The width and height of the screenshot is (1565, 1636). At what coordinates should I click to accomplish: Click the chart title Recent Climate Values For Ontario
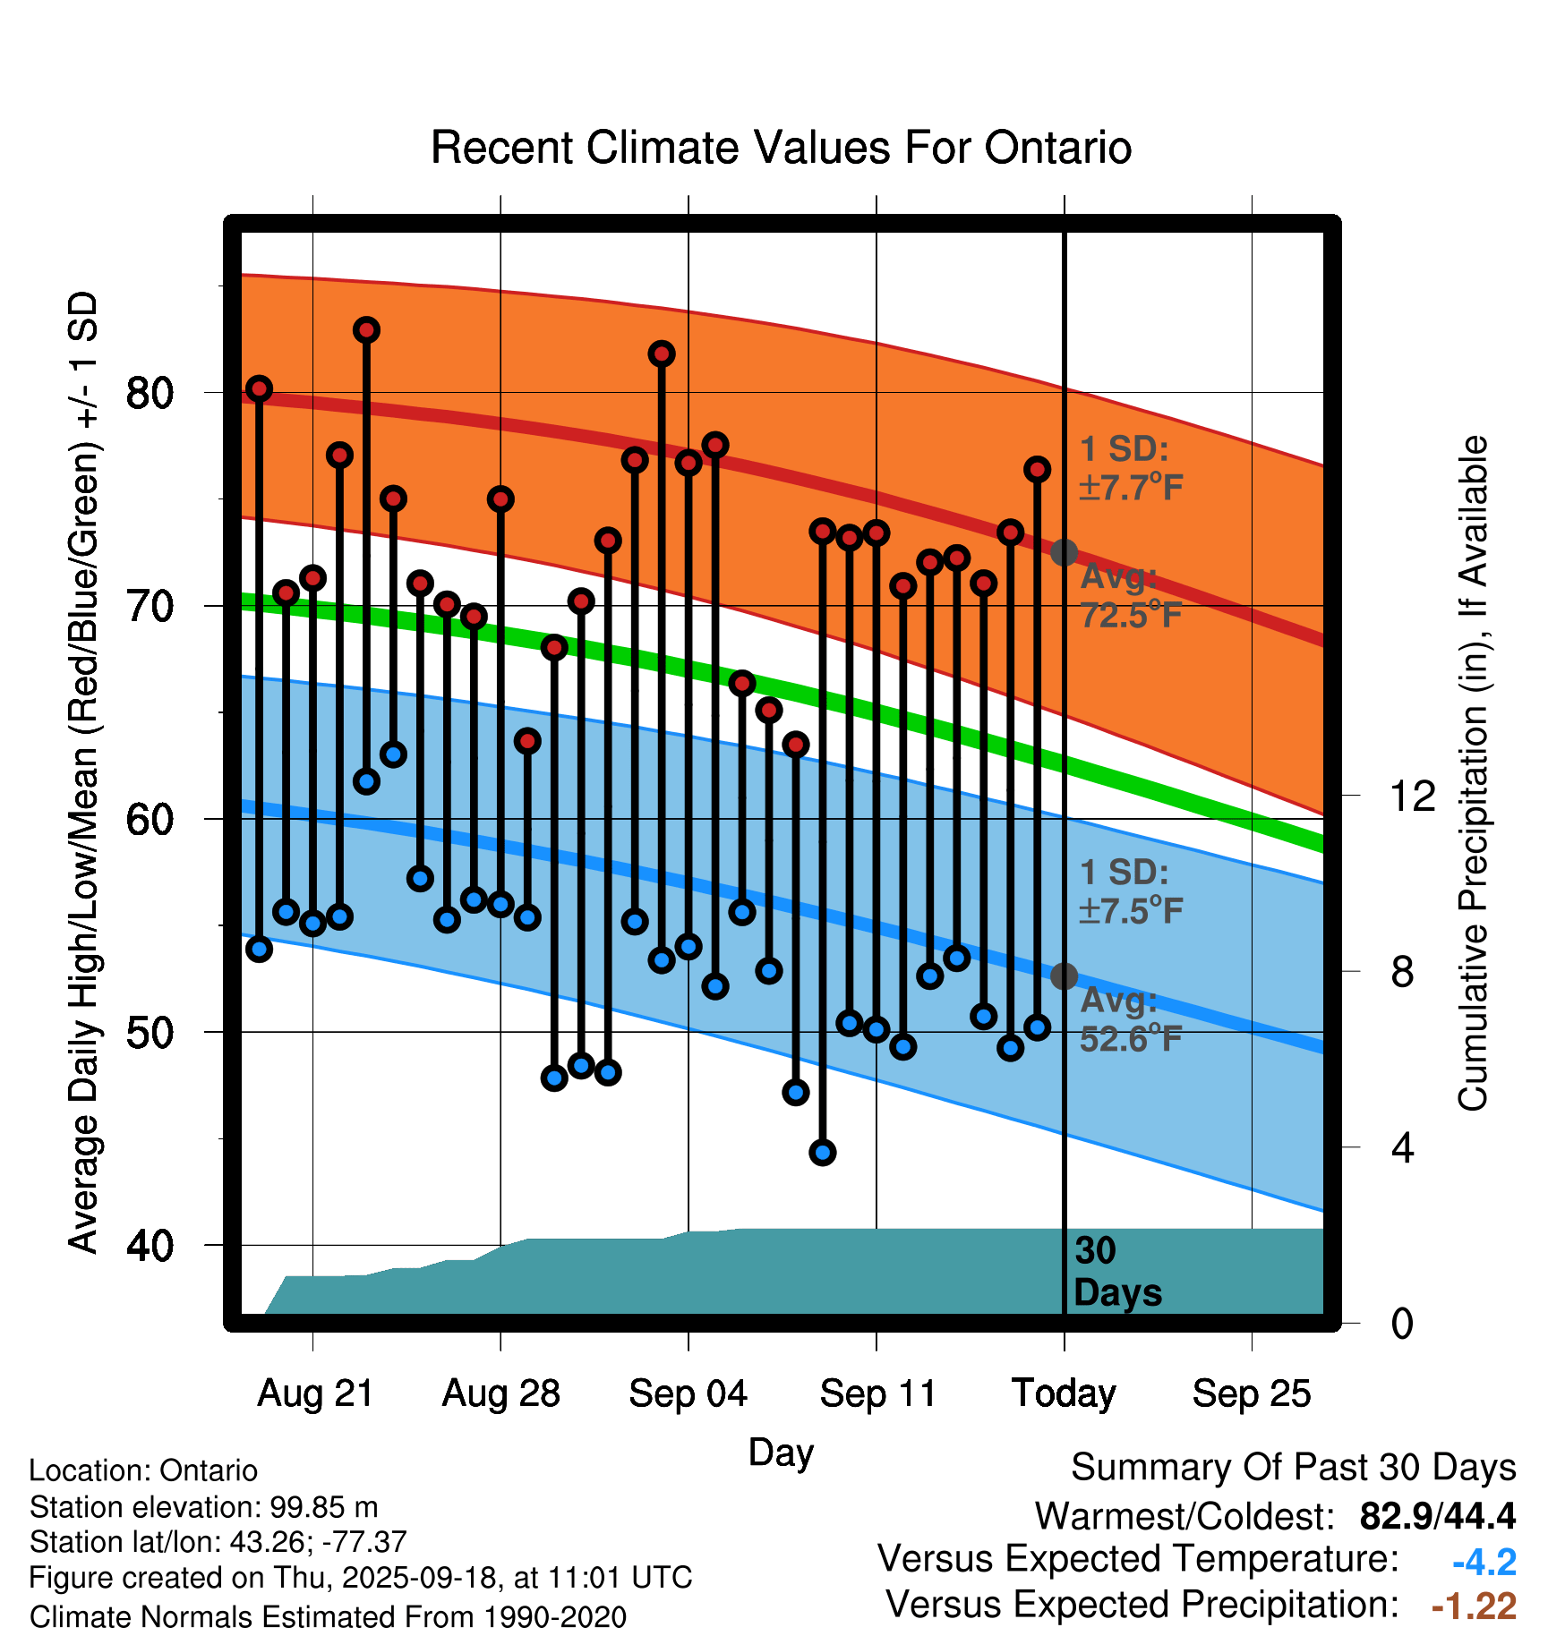[x=781, y=148]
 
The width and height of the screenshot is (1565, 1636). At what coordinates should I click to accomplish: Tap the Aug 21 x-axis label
[x=315, y=1393]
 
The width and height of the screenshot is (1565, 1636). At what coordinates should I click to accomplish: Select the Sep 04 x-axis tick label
[x=688, y=1393]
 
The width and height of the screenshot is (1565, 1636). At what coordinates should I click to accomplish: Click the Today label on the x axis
[x=1064, y=1393]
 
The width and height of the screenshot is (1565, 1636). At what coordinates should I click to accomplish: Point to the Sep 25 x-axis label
[x=1251, y=1393]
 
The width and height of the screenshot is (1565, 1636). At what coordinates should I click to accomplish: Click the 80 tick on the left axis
[x=150, y=392]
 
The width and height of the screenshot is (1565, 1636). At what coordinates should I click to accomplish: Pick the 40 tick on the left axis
[x=150, y=1245]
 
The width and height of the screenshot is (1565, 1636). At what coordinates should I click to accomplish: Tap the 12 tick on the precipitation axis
[x=1412, y=796]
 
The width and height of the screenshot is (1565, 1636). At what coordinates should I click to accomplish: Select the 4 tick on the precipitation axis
[x=1403, y=1147]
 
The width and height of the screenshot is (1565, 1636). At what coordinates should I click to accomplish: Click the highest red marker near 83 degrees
[x=366, y=330]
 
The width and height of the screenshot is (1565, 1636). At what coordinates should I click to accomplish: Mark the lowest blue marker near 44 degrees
[x=823, y=1153]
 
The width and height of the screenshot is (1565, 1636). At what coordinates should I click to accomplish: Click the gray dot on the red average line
[x=1064, y=553]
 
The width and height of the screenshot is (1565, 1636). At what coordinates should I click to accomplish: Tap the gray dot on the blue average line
[x=1064, y=976]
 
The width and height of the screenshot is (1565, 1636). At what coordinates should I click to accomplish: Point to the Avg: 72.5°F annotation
[x=1131, y=596]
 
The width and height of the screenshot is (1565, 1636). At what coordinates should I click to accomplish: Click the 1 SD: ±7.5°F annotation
[x=1131, y=891]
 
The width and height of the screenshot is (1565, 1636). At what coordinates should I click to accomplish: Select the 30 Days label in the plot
[x=1116, y=1272]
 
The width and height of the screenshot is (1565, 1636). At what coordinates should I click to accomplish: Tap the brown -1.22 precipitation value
[x=1474, y=1606]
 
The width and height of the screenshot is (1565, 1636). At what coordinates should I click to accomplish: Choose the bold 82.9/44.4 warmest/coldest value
[x=1437, y=1516]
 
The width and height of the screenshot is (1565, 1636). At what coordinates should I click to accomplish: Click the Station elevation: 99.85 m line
[x=203, y=1507]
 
